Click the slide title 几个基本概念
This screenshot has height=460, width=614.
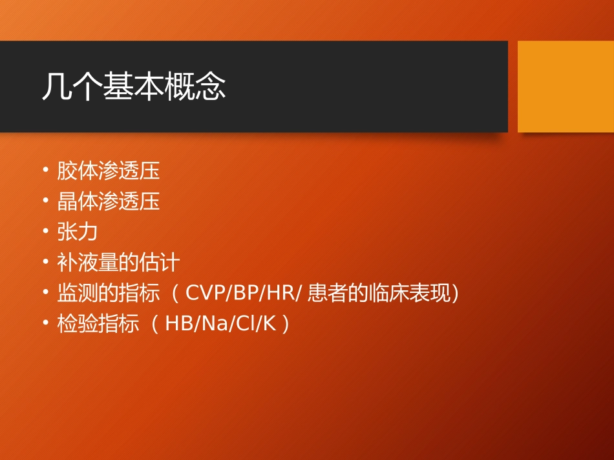134,86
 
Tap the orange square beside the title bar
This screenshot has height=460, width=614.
566,86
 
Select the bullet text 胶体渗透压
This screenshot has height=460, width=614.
108,171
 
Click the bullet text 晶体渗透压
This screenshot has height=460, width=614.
108,201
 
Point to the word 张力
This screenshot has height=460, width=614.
77,232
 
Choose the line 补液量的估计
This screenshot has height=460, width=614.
118,263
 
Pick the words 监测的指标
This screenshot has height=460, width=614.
108,294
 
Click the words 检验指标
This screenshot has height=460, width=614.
98,324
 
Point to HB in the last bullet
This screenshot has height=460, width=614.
177,324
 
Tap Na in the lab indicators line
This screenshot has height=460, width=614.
211,324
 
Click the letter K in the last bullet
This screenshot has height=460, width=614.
269,324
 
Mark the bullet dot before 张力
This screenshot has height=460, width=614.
46,232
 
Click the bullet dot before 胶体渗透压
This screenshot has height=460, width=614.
46,171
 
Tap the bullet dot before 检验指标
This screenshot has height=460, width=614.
46,324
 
